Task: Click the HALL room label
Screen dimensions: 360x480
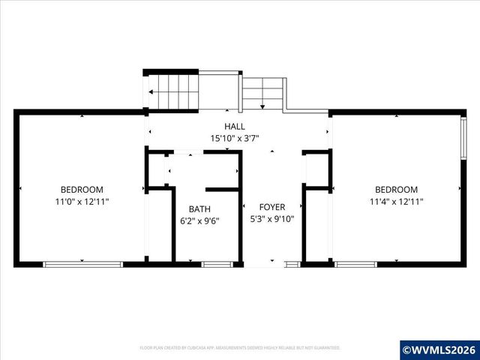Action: point(234,127)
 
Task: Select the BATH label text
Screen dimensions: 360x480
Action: point(199,209)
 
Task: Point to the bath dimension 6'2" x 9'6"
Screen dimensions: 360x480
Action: point(199,220)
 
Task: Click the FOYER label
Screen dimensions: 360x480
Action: point(272,207)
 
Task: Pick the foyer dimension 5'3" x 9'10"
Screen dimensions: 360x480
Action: point(272,219)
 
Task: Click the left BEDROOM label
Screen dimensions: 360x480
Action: point(82,190)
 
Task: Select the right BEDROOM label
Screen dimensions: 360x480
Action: point(396,190)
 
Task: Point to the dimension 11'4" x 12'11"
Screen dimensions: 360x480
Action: point(396,202)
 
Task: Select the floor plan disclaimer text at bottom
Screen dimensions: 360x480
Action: point(240,348)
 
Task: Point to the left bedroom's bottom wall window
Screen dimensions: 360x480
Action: point(82,264)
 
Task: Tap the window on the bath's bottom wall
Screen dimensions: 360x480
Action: point(216,264)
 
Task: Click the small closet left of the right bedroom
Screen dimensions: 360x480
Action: point(316,170)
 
